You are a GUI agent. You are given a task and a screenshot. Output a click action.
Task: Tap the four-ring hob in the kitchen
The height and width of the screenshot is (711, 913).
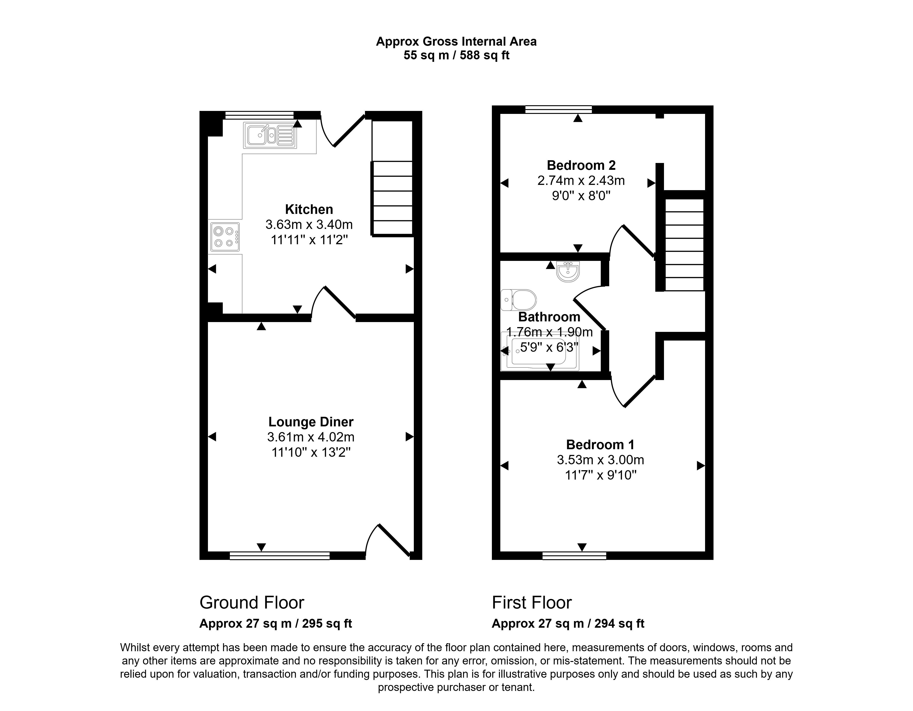point(225,237)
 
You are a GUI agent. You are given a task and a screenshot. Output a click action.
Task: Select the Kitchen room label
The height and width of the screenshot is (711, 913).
point(309,209)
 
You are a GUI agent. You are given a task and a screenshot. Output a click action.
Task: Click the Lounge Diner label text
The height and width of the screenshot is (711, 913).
point(311,422)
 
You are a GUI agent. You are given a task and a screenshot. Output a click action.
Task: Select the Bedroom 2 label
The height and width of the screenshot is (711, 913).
point(581,165)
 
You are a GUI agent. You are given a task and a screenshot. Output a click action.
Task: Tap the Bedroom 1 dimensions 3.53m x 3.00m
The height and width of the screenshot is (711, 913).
point(600,460)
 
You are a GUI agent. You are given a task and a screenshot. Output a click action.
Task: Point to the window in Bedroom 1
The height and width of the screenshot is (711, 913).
point(574,556)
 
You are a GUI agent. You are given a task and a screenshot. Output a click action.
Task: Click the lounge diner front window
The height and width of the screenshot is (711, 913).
point(280,556)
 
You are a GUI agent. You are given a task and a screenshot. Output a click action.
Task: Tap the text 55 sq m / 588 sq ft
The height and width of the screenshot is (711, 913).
point(456,55)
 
